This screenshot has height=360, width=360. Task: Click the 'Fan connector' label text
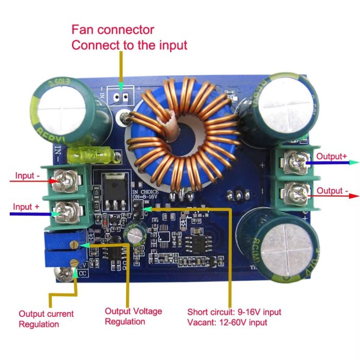113,29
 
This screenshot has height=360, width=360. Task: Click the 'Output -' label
332,191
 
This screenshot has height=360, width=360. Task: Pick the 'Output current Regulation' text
46,319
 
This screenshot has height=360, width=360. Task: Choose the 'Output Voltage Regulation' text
133,316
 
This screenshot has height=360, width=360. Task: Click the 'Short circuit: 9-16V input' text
234,312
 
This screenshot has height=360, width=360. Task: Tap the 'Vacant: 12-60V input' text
227,322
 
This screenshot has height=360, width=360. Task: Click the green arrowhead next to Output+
354,162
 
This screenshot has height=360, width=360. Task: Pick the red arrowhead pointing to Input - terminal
55,181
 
